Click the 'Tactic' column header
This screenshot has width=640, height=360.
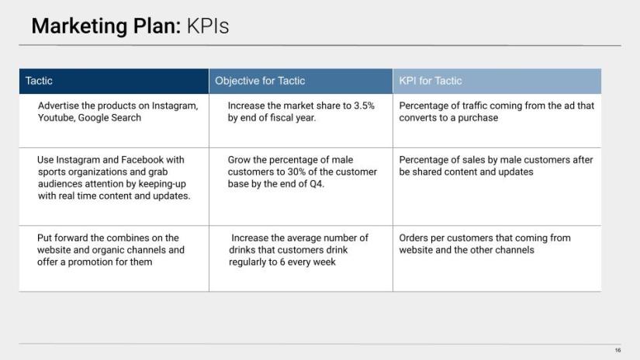39,81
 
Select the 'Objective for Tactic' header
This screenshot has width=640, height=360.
260,81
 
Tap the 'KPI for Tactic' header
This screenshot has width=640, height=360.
431,81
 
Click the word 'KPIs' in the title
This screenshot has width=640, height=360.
208,26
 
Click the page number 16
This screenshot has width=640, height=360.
618,350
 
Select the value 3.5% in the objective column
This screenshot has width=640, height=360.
364,106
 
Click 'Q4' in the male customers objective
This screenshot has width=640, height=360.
317,184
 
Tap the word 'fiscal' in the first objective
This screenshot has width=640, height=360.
282,118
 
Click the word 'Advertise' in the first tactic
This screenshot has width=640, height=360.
58,106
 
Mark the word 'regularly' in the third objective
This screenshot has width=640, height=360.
247,262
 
